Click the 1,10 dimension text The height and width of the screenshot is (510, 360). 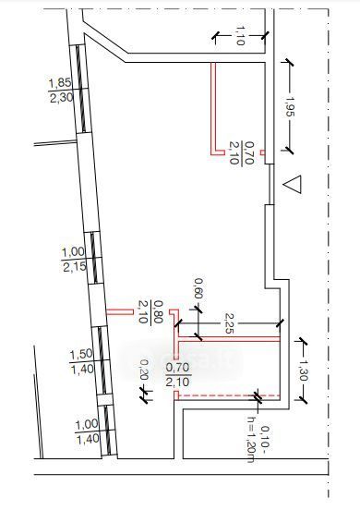click(239, 35)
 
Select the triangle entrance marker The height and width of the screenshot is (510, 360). click(293, 185)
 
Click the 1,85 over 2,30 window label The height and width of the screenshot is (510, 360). click(61, 90)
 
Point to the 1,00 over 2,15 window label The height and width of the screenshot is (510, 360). click(75, 260)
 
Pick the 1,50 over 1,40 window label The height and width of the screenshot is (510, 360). click(81, 361)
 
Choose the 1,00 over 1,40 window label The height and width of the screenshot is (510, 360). click(87, 431)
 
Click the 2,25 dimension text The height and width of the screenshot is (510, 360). click(229, 323)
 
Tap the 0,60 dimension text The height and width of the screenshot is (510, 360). click(198, 288)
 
